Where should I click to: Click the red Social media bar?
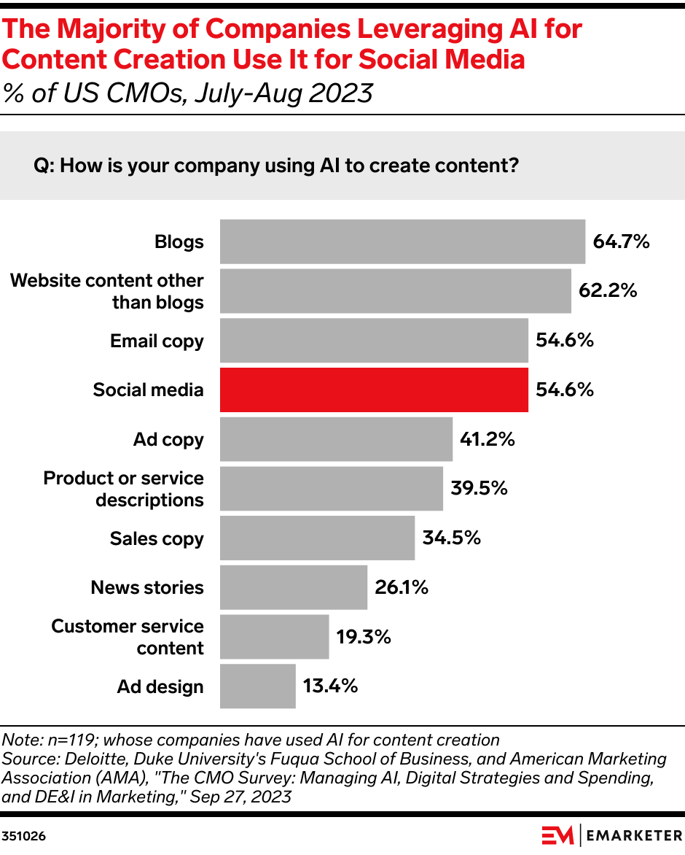tap(374, 390)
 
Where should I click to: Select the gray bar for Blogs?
tap(402, 241)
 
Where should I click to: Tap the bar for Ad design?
tap(258, 686)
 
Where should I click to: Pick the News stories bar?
tap(294, 587)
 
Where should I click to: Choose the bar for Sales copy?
tap(317, 538)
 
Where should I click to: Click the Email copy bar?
tap(374, 341)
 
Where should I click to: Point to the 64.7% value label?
tap(621, 241)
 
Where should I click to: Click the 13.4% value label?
tap(331, 686)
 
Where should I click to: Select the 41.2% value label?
tap(488, 439)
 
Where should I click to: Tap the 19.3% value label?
tap(364, 637)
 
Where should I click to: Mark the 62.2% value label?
tap(608, 290)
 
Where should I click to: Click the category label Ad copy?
tap(168, 440)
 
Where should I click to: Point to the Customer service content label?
tap(128, 637)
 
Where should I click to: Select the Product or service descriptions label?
tap(124, 489)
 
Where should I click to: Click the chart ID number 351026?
tap(23, 836)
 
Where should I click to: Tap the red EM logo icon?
tap(557, 835)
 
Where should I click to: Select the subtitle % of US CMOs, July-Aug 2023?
tap(188, 93)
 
